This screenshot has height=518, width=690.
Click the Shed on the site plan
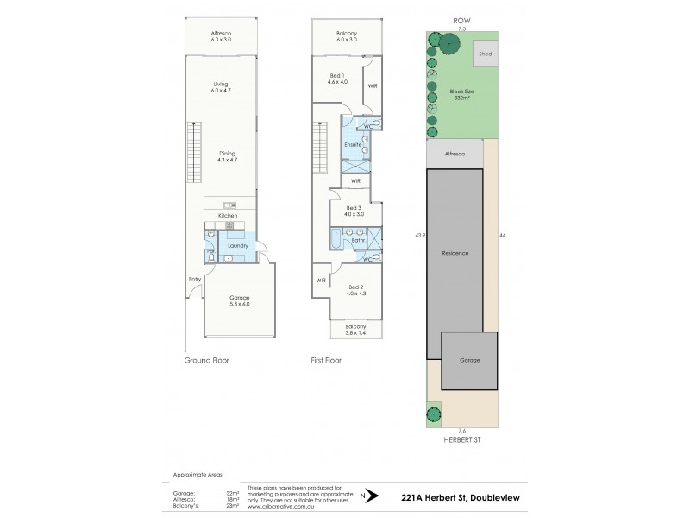(485, 54)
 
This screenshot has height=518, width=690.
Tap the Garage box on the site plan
(469, 360)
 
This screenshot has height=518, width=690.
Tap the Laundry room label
(238, 246)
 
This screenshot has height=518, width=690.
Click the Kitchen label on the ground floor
(227, 214)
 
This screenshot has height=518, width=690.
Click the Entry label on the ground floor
(194, 279)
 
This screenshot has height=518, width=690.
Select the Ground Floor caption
(207, 360)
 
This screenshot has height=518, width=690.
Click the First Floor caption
(326, 360)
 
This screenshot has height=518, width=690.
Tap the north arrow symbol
(373, 495)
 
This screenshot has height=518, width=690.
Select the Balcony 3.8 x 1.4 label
(356, 330)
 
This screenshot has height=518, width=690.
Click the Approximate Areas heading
(198, 475)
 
